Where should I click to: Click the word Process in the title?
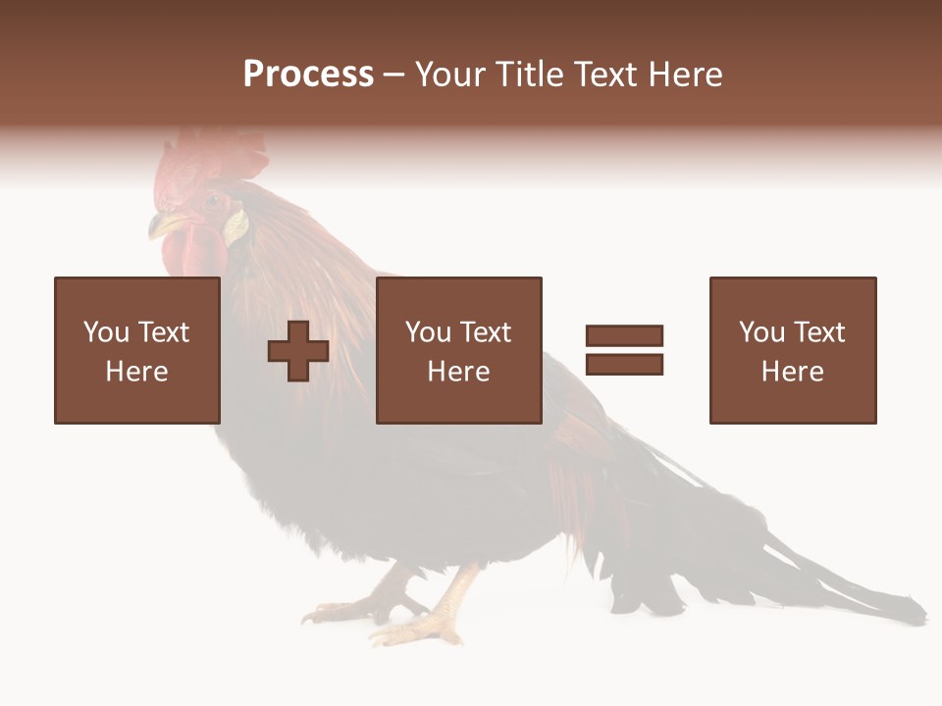tap(308, 75)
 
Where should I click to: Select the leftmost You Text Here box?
tap(137, 350)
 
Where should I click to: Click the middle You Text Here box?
tap(458, 350)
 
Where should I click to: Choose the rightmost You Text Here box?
tap(792, 350)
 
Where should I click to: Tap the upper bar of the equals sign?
tap(624, 335)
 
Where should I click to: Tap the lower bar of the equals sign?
tap(624, 365)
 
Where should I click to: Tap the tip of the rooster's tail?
tap(917, 614)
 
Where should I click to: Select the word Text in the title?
tap(605, 75)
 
